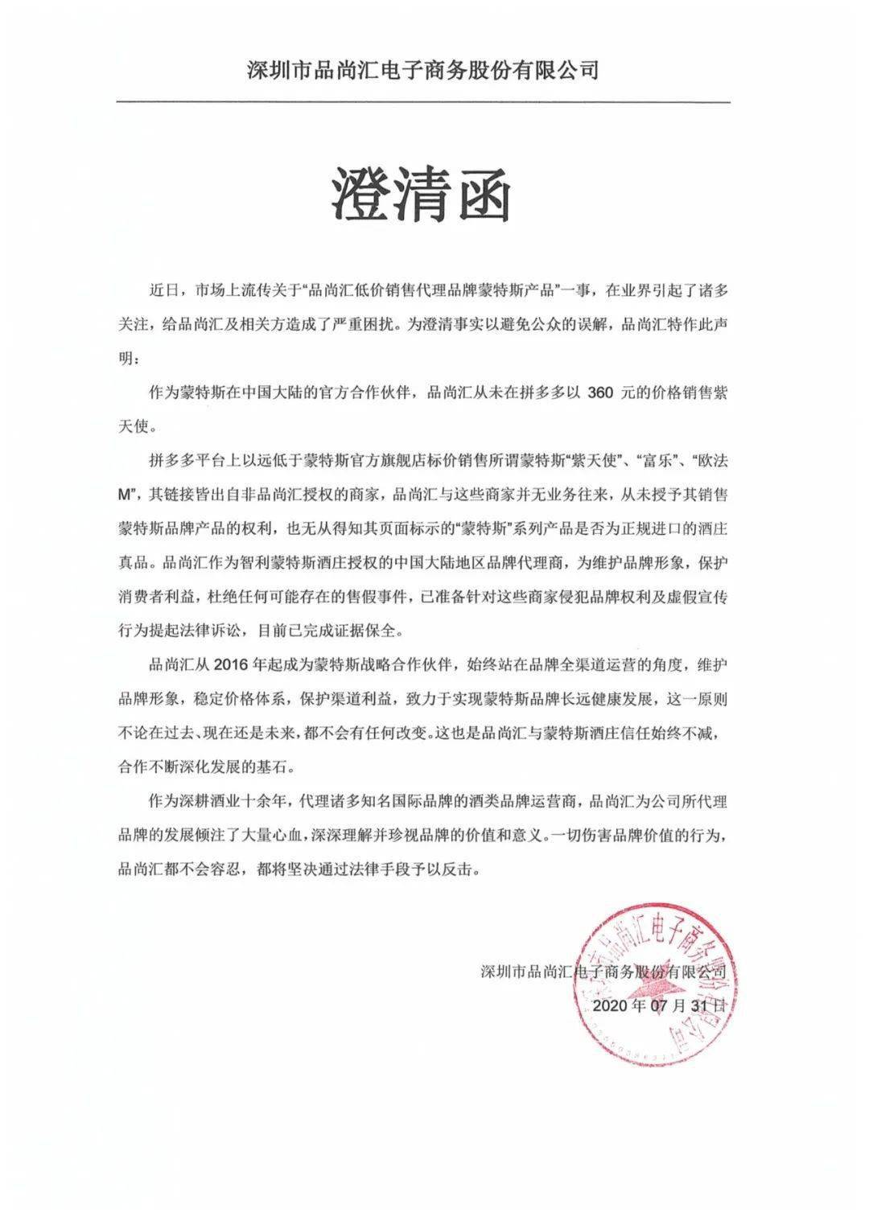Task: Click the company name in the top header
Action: point(423,71)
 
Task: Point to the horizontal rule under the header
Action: point(423,102)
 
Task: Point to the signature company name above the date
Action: point(603,971)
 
